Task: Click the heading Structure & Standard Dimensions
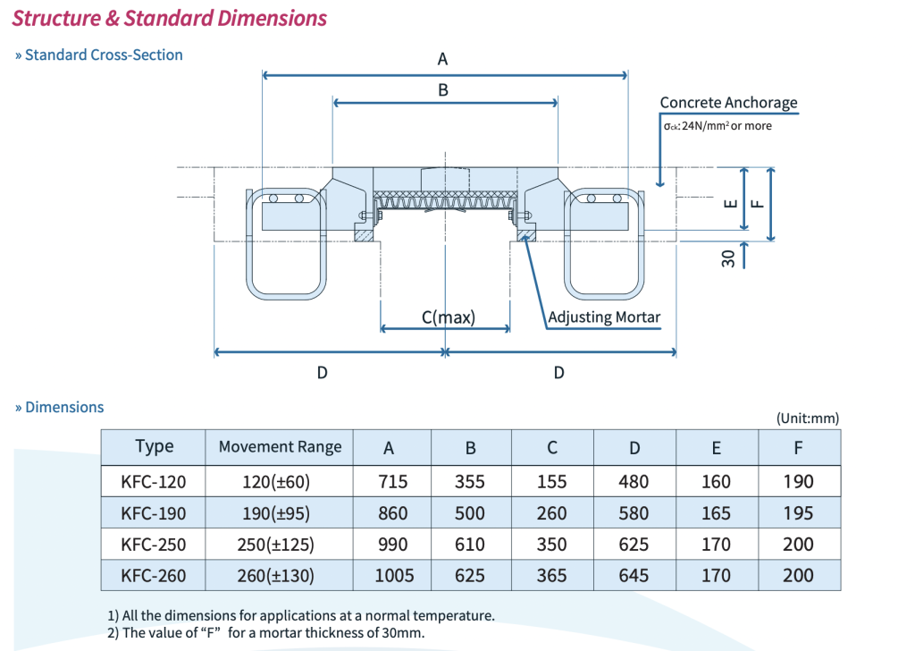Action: click(x=170, y=18)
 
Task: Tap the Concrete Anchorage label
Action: click(x=728, y=103)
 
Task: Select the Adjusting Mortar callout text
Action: click(x=604, y=317)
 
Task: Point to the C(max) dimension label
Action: click(x=448, y=317)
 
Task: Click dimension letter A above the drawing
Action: click(x=442, y=60)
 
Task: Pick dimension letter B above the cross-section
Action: click(x=443, y=90)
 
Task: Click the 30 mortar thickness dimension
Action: click(x=728, y=258)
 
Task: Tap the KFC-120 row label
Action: click(x=154, y=482)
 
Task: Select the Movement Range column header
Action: click(x=280, y=447)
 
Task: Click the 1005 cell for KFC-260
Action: click(x=393, y=576)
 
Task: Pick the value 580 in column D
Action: click(x=634, y=513)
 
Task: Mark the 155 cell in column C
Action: click(x=552, y=482)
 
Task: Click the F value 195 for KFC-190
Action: click(x=798, y=513)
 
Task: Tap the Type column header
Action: click(x=155, y=446)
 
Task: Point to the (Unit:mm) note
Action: click(x=808, y=418)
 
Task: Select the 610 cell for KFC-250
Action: click(x=470, y=545)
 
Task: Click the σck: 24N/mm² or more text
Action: click(x=717, y=126)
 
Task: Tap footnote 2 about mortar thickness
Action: click(x=265, y=633)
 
